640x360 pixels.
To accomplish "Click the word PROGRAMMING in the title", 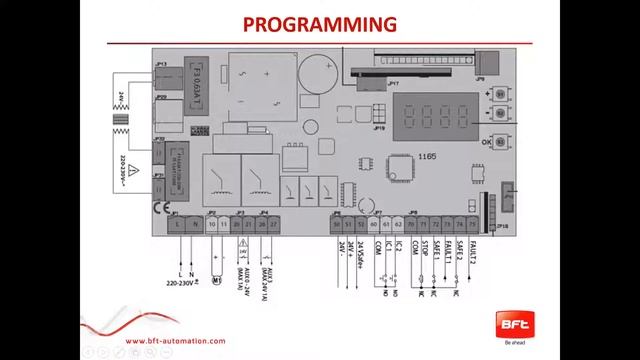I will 320,24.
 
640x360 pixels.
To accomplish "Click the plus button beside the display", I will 500,93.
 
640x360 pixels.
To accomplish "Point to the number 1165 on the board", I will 427,157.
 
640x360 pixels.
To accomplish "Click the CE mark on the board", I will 159,208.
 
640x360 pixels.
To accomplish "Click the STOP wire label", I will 423,250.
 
